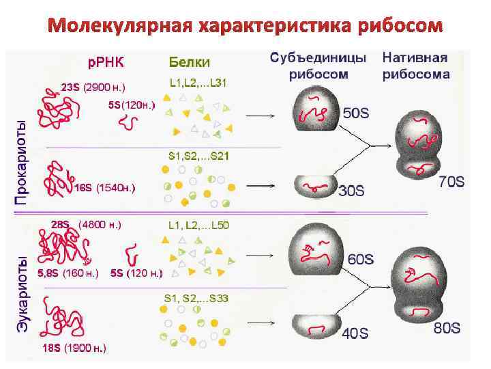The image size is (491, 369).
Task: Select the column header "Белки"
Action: coord(189,61)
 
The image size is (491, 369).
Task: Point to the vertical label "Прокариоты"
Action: coord(22,162)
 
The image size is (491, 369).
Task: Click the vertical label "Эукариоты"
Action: coord(22,294)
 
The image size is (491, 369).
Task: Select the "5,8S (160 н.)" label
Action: coord(68,273)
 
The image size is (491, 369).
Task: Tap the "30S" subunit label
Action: coord(351,192)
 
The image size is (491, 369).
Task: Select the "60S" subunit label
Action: coord(361,260)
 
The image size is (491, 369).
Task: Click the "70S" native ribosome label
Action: coord(450,182)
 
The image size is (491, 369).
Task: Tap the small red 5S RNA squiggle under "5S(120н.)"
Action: coord(128,122)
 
